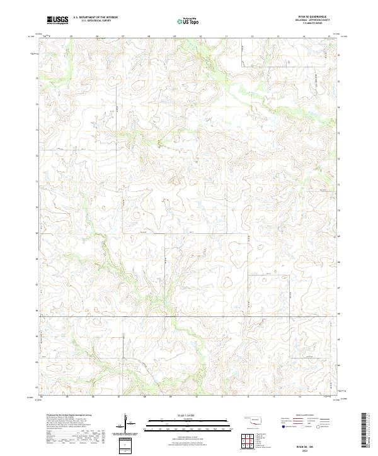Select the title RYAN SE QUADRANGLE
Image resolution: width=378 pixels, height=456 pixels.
click(x=319, y=17)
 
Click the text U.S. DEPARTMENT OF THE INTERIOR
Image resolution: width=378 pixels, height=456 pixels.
click(x=94, y=18)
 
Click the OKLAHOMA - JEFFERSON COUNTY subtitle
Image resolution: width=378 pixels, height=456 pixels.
click(x=319, y=21)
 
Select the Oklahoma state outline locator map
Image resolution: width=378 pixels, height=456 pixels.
click(x=255, y=420)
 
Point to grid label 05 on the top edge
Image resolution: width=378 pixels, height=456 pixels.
click(x=71, y=36)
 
